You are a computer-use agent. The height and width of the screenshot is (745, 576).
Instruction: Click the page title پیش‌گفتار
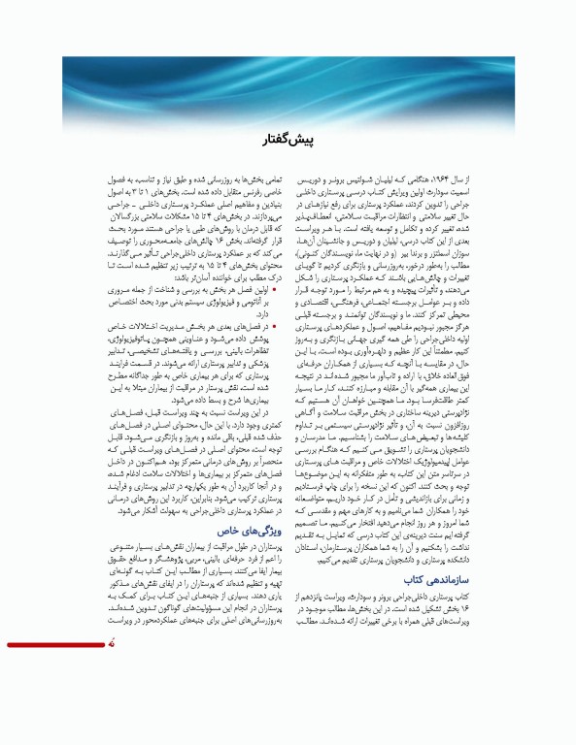tap(288, 144)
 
